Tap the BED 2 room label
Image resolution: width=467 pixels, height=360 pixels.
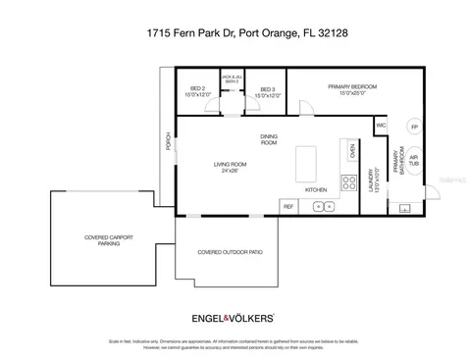(197, 92)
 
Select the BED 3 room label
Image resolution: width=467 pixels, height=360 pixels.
(268, 92)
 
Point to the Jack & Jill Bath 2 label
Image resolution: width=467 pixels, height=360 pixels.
(233, 79)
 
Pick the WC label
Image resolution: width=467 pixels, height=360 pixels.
(382, 126)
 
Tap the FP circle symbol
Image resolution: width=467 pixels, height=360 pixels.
(414, 128)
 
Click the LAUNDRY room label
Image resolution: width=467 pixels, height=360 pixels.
(373, 184)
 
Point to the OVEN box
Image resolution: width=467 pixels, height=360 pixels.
(352, 151)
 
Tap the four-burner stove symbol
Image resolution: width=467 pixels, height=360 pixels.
(347, 181)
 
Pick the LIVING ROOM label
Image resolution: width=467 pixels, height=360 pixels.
(233, 167)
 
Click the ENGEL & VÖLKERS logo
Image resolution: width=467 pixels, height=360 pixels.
(233, 318)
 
